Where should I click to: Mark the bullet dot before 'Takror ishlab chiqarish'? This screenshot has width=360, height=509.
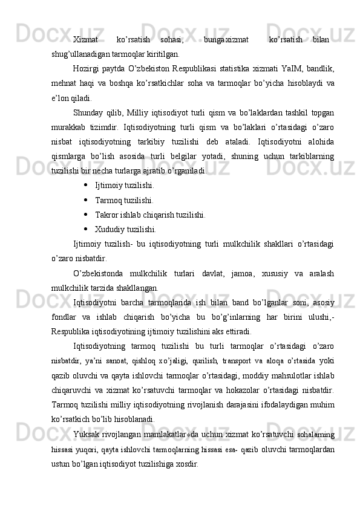point(88,214)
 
